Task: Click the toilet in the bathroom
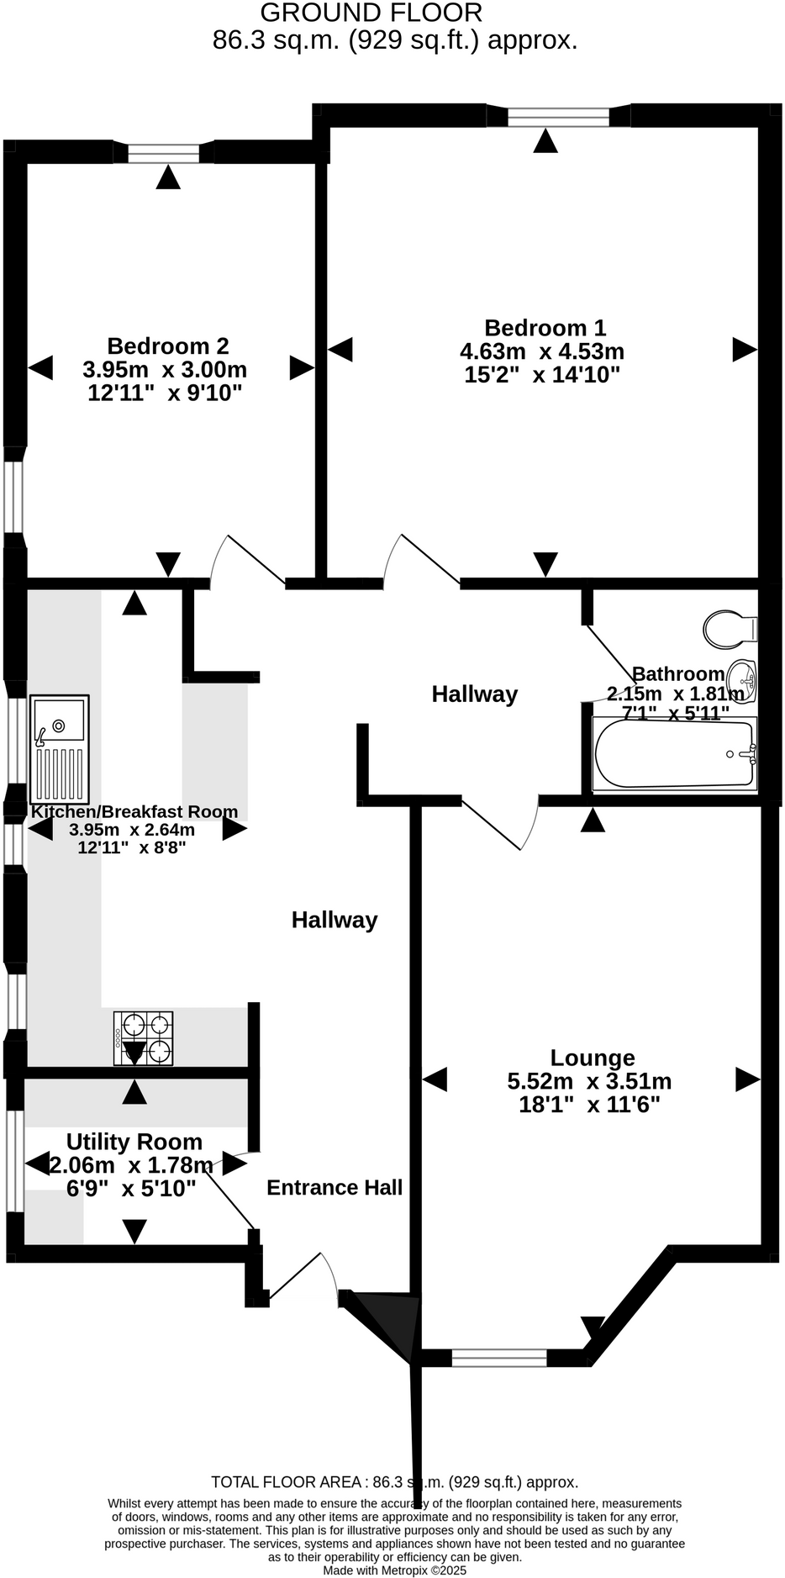pos(730,628)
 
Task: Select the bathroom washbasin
pos(742,678)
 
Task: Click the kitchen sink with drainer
pos(59,748)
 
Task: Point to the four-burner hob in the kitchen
pos(144,1039)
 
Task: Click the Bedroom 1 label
pos(545,328)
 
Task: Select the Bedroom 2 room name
pos(167,346)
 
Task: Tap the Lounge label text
pos(592,1058)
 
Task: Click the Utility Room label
pos(134,1142)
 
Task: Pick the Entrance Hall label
pos(335,1187)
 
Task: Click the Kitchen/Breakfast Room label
pos(134,811)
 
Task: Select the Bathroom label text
pos(677,673)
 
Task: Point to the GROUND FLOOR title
pos(371,13)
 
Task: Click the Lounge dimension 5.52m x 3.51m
pos(589,1081)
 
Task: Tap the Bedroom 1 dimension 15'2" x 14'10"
pos(542,375)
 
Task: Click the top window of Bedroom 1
pos(558,117)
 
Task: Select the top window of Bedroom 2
pos(165,153)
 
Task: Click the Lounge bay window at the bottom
pos(499,1357)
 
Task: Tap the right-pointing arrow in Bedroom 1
pos(744,349)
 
